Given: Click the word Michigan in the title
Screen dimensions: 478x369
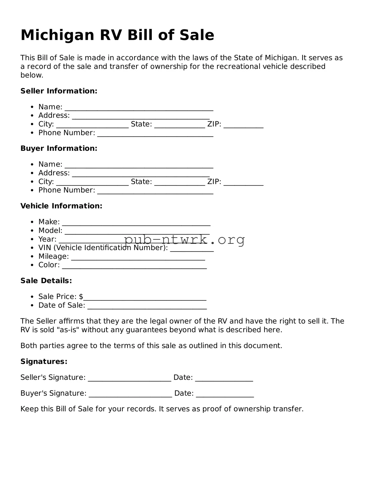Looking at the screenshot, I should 57,35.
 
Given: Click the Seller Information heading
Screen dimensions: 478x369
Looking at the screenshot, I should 59,91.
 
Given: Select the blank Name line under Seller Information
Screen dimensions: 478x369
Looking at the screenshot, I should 139,108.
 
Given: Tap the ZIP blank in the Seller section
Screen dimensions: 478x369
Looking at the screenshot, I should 243,125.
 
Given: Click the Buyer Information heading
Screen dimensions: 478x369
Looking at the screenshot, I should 59,148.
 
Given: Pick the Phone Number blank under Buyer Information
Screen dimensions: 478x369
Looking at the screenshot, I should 155,191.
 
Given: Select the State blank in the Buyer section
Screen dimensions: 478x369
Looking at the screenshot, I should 179,183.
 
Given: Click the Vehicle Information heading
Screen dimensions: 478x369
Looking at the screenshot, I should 61,206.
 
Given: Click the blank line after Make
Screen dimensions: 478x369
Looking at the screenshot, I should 136,223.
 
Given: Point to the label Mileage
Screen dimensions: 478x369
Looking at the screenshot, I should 53,256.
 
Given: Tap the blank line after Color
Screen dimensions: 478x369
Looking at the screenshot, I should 134,266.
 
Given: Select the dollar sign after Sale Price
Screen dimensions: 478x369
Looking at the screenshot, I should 81,297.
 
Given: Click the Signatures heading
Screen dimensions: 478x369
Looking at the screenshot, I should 44,361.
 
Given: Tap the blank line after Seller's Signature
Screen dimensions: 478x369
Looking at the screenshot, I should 129,379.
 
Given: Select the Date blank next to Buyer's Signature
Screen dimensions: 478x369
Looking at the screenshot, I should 225,394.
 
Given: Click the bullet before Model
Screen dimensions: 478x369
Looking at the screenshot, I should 32,231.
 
